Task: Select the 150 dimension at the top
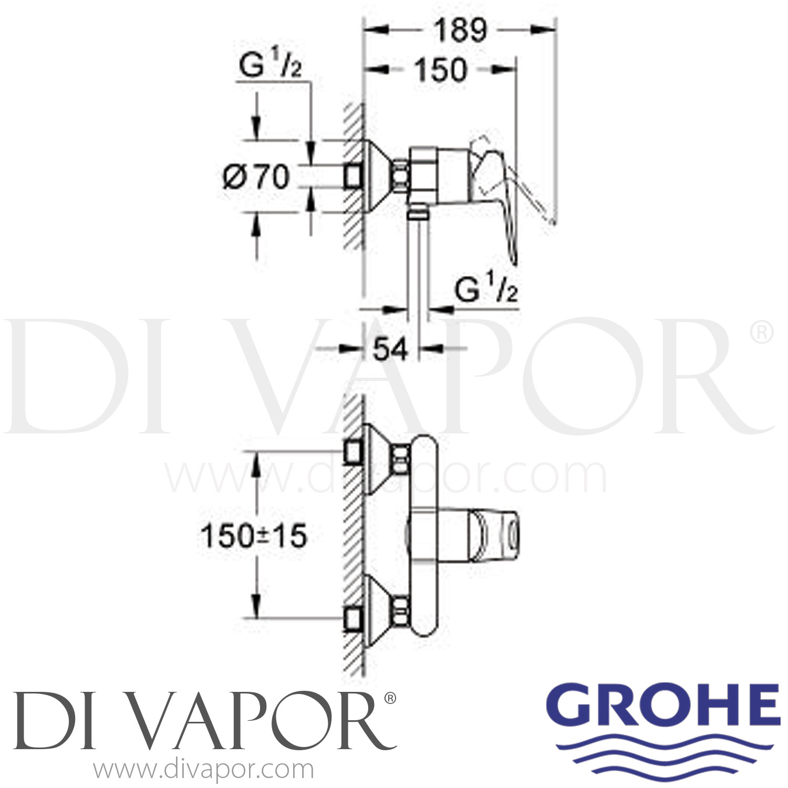point(440,70)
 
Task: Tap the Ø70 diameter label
point(256,177)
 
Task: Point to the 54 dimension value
point(390,348)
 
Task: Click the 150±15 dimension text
point(253,536)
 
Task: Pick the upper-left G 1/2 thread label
point(270,67)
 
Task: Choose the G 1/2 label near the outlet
point(486,290)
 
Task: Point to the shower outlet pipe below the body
point(418,263)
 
